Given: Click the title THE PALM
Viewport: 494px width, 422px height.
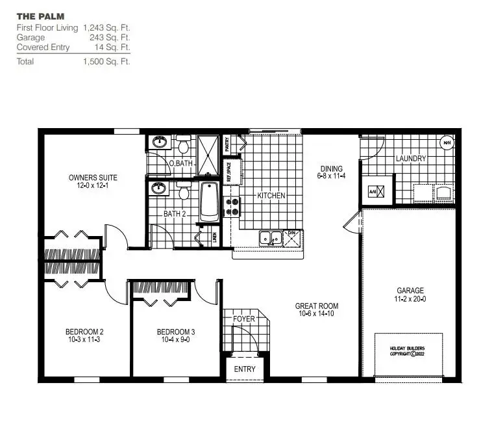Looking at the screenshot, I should click(40, 16).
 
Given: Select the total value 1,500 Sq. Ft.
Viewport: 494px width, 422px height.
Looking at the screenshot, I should click(106, 62).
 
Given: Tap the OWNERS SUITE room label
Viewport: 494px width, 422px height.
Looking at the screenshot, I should click(93, 178).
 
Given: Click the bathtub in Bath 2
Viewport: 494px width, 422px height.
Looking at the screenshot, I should click(209, 202).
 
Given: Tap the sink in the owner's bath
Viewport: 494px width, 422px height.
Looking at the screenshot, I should click(158, 142).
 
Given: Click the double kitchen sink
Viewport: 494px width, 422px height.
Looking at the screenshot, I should click(269, 238).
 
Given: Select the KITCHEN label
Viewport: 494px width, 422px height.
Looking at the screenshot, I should click(271, 196).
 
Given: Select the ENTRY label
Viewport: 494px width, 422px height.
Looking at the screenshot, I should click(245, 369).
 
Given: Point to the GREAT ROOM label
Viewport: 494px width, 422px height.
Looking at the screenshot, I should click(316, 306).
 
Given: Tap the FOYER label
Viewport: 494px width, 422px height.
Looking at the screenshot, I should click(244, 319).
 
